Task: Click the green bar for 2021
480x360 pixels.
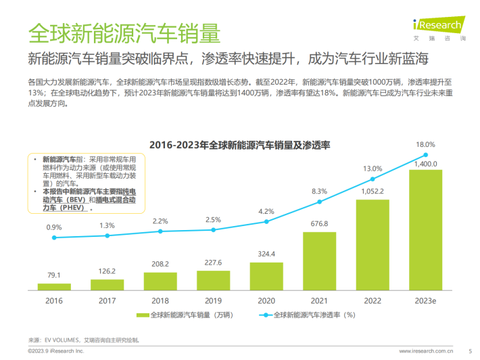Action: tap(320, 260)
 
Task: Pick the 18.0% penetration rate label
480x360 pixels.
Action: tap(425, 144)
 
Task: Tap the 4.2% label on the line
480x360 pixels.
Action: tap(266, 211)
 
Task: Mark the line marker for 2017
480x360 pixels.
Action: tap(107, 235)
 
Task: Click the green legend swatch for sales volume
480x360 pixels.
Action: tap(141, 315)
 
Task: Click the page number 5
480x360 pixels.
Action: tap(470, 351)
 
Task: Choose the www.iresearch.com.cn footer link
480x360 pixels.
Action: tap(426, 351)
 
